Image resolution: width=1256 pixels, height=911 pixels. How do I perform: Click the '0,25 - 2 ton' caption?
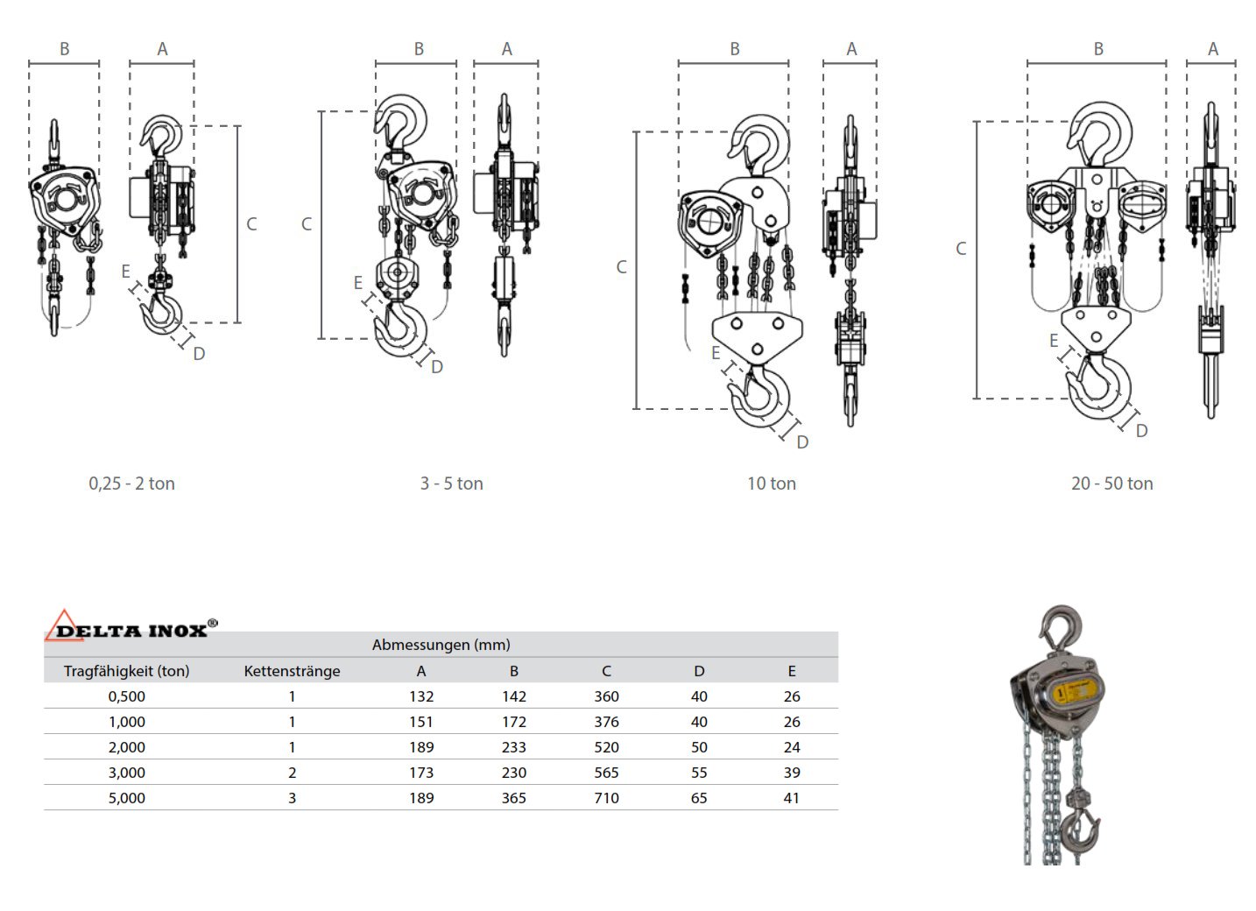131,484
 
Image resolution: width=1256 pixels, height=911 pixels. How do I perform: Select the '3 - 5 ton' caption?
451,484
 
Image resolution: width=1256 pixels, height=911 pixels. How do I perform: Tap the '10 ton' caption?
771,484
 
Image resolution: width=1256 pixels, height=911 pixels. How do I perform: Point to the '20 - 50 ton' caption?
1111,484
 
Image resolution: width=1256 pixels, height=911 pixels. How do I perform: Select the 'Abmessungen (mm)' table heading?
441,645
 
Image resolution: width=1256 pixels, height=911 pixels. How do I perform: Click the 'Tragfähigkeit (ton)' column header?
126,671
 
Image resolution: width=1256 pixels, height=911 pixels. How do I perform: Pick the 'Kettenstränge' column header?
292,671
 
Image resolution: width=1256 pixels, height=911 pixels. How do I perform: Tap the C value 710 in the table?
606,798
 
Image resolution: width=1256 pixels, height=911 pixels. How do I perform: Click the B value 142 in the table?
513,696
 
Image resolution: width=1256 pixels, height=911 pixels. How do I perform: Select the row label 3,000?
126,773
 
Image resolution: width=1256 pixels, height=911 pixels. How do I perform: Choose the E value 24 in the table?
791,747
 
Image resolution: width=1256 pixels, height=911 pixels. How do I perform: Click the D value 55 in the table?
698,773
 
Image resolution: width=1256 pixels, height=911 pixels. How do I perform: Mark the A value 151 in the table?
420,722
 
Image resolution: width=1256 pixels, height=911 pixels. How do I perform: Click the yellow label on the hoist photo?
1076,689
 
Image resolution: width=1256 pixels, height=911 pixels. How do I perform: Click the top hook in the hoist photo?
1061,625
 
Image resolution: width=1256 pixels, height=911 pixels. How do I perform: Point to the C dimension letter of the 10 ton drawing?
621,267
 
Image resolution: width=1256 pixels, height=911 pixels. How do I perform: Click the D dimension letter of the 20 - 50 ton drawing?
1140,431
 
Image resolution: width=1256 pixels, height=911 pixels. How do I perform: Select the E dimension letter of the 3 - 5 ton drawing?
357,283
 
